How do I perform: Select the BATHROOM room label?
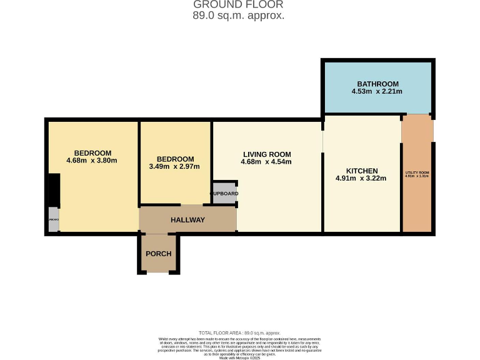(x=377, y=84)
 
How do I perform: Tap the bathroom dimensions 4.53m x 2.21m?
(x=377, y=92)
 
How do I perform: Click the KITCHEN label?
(x=362, y=171)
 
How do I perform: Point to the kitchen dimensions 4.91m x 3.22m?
(x=361, y=179)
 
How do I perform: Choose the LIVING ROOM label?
(x=267, y=154)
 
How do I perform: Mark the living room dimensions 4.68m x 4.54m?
(x=266, y=162)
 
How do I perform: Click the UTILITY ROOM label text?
(x=417, y=172)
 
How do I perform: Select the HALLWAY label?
(x=187, y=220)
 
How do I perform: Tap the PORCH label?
(x=158, y=254)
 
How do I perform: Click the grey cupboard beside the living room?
(x=224, y=193)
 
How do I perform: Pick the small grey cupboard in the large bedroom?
(x=53, y=220)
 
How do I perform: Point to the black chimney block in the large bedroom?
(x=54, y=190)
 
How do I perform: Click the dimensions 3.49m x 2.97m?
(x=175, y=167)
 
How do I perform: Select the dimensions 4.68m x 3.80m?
(x=92, y=161)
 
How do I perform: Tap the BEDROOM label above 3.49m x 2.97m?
(x=175, y=159)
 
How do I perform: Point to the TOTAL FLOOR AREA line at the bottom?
(x=239, y=333)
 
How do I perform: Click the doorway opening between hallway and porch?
(x=158, y=234)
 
